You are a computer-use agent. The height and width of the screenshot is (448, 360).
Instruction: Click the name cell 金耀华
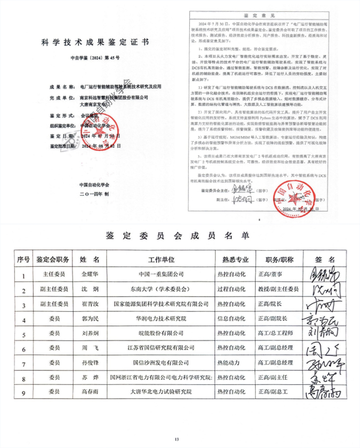pyautogui.click(x=93, y=275)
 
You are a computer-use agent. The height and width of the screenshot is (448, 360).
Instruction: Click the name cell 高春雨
pyautogui.click(x=93, y=392)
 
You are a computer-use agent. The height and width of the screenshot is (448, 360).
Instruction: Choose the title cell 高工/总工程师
pyautogui.click(x=279, y=333)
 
